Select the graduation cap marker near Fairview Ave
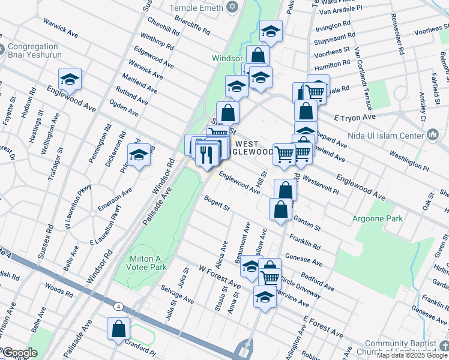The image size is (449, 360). (x=264, y=296)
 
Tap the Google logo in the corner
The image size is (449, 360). (x=19, y=353)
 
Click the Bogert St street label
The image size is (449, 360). (x=217, y=203)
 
